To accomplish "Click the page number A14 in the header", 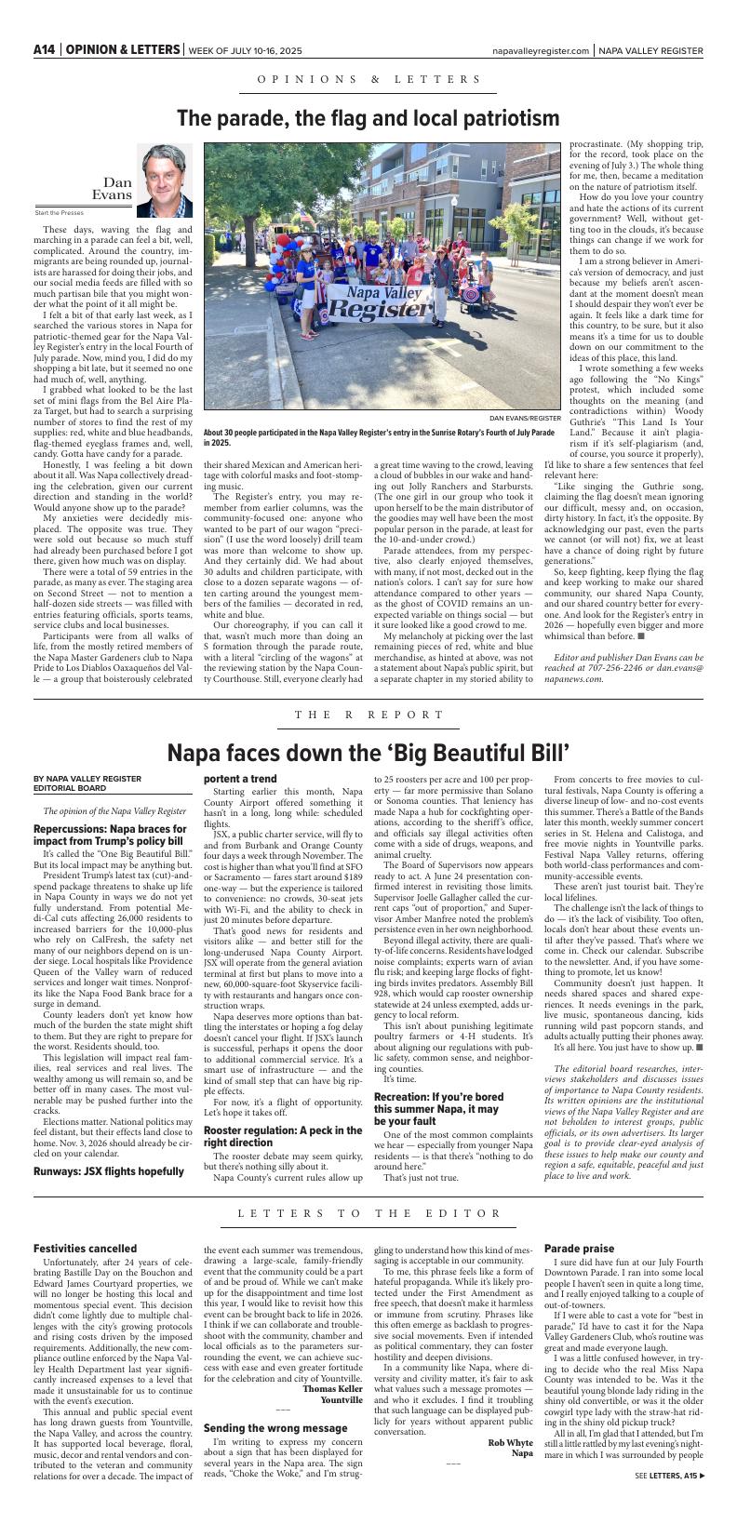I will coord(44,49).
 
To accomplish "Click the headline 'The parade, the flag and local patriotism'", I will coord(368,118).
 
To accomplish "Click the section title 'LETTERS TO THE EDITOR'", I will coord(368,1187).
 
